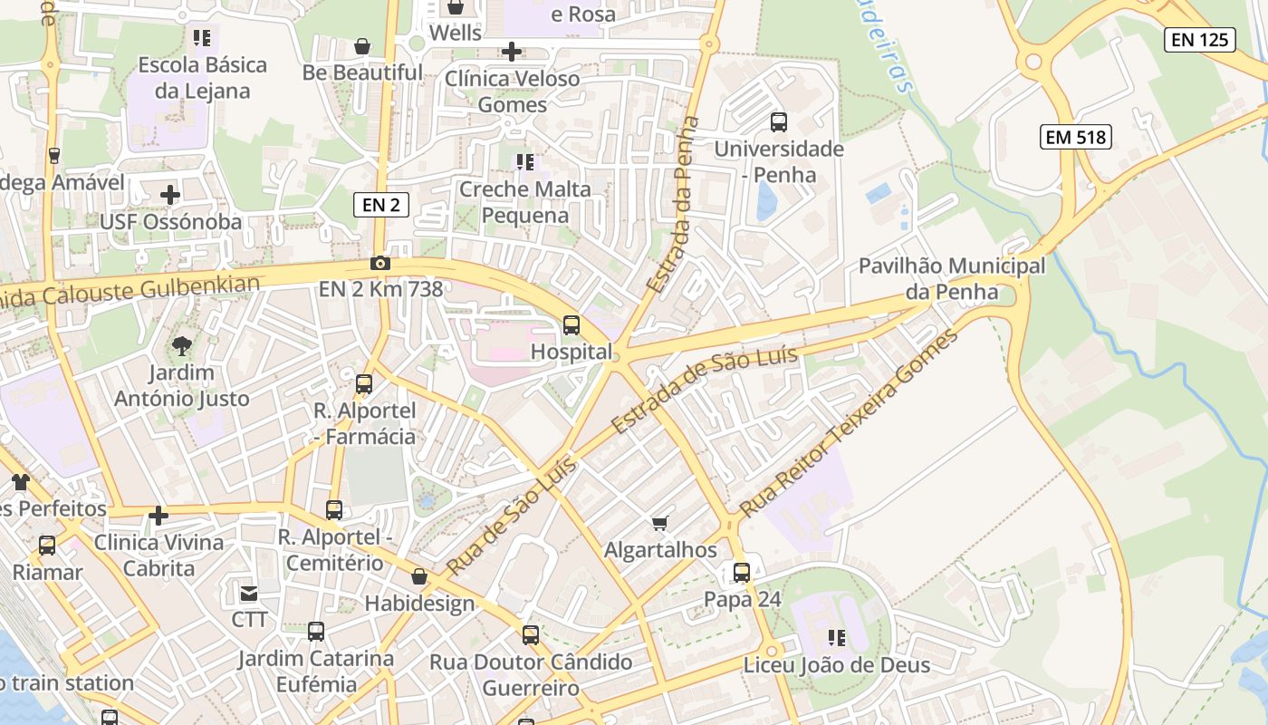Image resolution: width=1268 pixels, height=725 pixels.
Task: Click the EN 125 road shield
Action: tap(1200, 39)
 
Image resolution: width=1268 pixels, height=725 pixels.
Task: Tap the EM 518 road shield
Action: tap(1076, 137)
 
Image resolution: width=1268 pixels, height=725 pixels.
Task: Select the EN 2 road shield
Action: tap(380, 205)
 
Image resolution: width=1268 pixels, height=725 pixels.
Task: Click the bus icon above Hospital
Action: tap(572, 324)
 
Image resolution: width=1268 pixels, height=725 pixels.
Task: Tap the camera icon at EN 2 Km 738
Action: tap(380, 264)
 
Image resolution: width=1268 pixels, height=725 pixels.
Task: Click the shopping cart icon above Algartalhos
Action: tap(660, 523)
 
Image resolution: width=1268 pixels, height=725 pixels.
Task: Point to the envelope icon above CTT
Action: tap(248, 594)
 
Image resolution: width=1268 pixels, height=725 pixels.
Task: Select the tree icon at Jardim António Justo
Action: tap(182, 345)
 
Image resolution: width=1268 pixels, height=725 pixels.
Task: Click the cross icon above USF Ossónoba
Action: tap(170, 195)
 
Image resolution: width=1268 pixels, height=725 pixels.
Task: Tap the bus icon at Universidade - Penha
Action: tap(779, 121)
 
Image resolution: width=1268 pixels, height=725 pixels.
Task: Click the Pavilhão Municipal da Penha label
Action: tap(951, 279)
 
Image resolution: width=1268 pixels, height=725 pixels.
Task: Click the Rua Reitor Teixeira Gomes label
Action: tap(849, 424)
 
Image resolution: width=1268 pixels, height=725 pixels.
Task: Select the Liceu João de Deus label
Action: tap(836, 665)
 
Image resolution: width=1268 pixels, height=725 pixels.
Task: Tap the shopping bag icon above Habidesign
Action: tap(419, 576)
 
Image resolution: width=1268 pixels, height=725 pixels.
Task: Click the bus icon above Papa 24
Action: tap(742, 573)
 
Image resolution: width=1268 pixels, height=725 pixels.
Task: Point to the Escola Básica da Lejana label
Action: tap(202, 78)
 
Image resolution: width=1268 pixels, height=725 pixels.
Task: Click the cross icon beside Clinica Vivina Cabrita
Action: tap(158, 517)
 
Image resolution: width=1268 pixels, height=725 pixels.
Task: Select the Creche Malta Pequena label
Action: tap(525, 202)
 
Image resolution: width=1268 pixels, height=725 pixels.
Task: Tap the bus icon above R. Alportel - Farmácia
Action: tap(364, 384)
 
